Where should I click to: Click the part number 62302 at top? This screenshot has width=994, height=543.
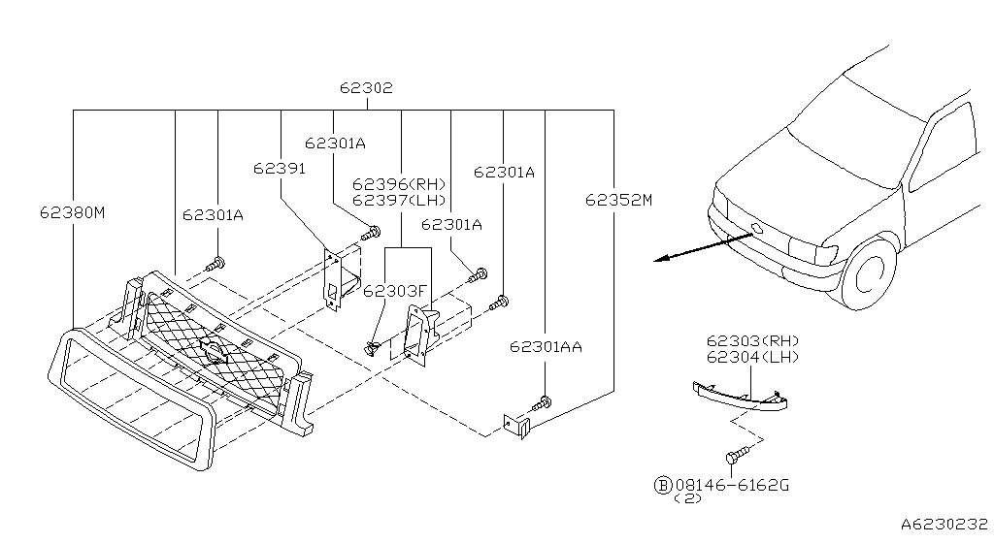pos(366,87)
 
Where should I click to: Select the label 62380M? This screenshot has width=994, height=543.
pos(72,212)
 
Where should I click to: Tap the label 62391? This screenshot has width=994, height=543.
pos(279,169)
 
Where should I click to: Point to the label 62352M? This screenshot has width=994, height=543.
pos(618,200)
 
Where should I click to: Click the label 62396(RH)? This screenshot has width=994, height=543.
pos(399,184)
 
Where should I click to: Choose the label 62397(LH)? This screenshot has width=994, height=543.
pos(399,200)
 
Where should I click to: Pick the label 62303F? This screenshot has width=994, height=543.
pos(396,291)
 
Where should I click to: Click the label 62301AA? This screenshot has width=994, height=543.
pos(546,347)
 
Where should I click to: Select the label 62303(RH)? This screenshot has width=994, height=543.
pos(753,341)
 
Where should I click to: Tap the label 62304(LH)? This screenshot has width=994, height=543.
pos(753,357)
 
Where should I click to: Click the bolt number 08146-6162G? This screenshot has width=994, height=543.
pos(732,486)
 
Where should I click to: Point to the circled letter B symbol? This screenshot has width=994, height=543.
pos(662,486)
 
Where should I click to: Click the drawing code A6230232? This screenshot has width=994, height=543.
pos(944,524)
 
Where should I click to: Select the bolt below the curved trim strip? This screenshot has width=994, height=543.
pos(737,455)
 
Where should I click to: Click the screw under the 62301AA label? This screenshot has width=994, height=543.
pos(542,401)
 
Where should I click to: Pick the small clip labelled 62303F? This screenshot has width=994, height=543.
pos(371,347)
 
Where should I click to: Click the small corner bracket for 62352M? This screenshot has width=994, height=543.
pos(516,426)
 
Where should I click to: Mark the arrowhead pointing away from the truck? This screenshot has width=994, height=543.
pos(661,258)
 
